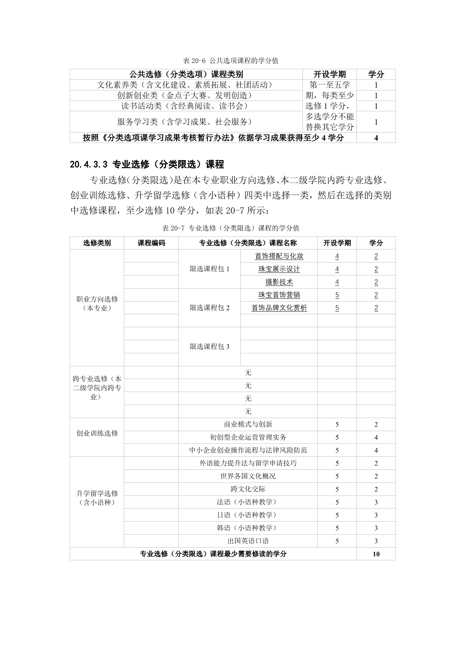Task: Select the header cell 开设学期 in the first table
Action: point(330,74)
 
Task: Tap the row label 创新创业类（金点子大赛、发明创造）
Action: point(185,95)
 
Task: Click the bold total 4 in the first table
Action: point(376,138)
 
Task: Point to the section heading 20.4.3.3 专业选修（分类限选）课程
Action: point(147,164)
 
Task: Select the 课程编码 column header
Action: point(151,243)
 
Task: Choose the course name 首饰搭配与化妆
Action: point(279,256)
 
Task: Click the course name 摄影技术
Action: point(279,282)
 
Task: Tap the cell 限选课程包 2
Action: point(209,308)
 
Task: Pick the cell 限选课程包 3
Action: point(209,347)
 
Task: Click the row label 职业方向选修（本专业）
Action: point(97,303)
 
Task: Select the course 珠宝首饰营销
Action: point(279,295)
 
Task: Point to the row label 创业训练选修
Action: point(97,433)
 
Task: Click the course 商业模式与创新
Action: point(248,424)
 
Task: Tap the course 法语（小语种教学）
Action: point(248,502)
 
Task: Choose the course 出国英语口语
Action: point(248,541)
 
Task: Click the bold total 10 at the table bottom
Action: point(376,554)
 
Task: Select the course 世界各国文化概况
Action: point(248,476)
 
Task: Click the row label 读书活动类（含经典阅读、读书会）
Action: point(185,106)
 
